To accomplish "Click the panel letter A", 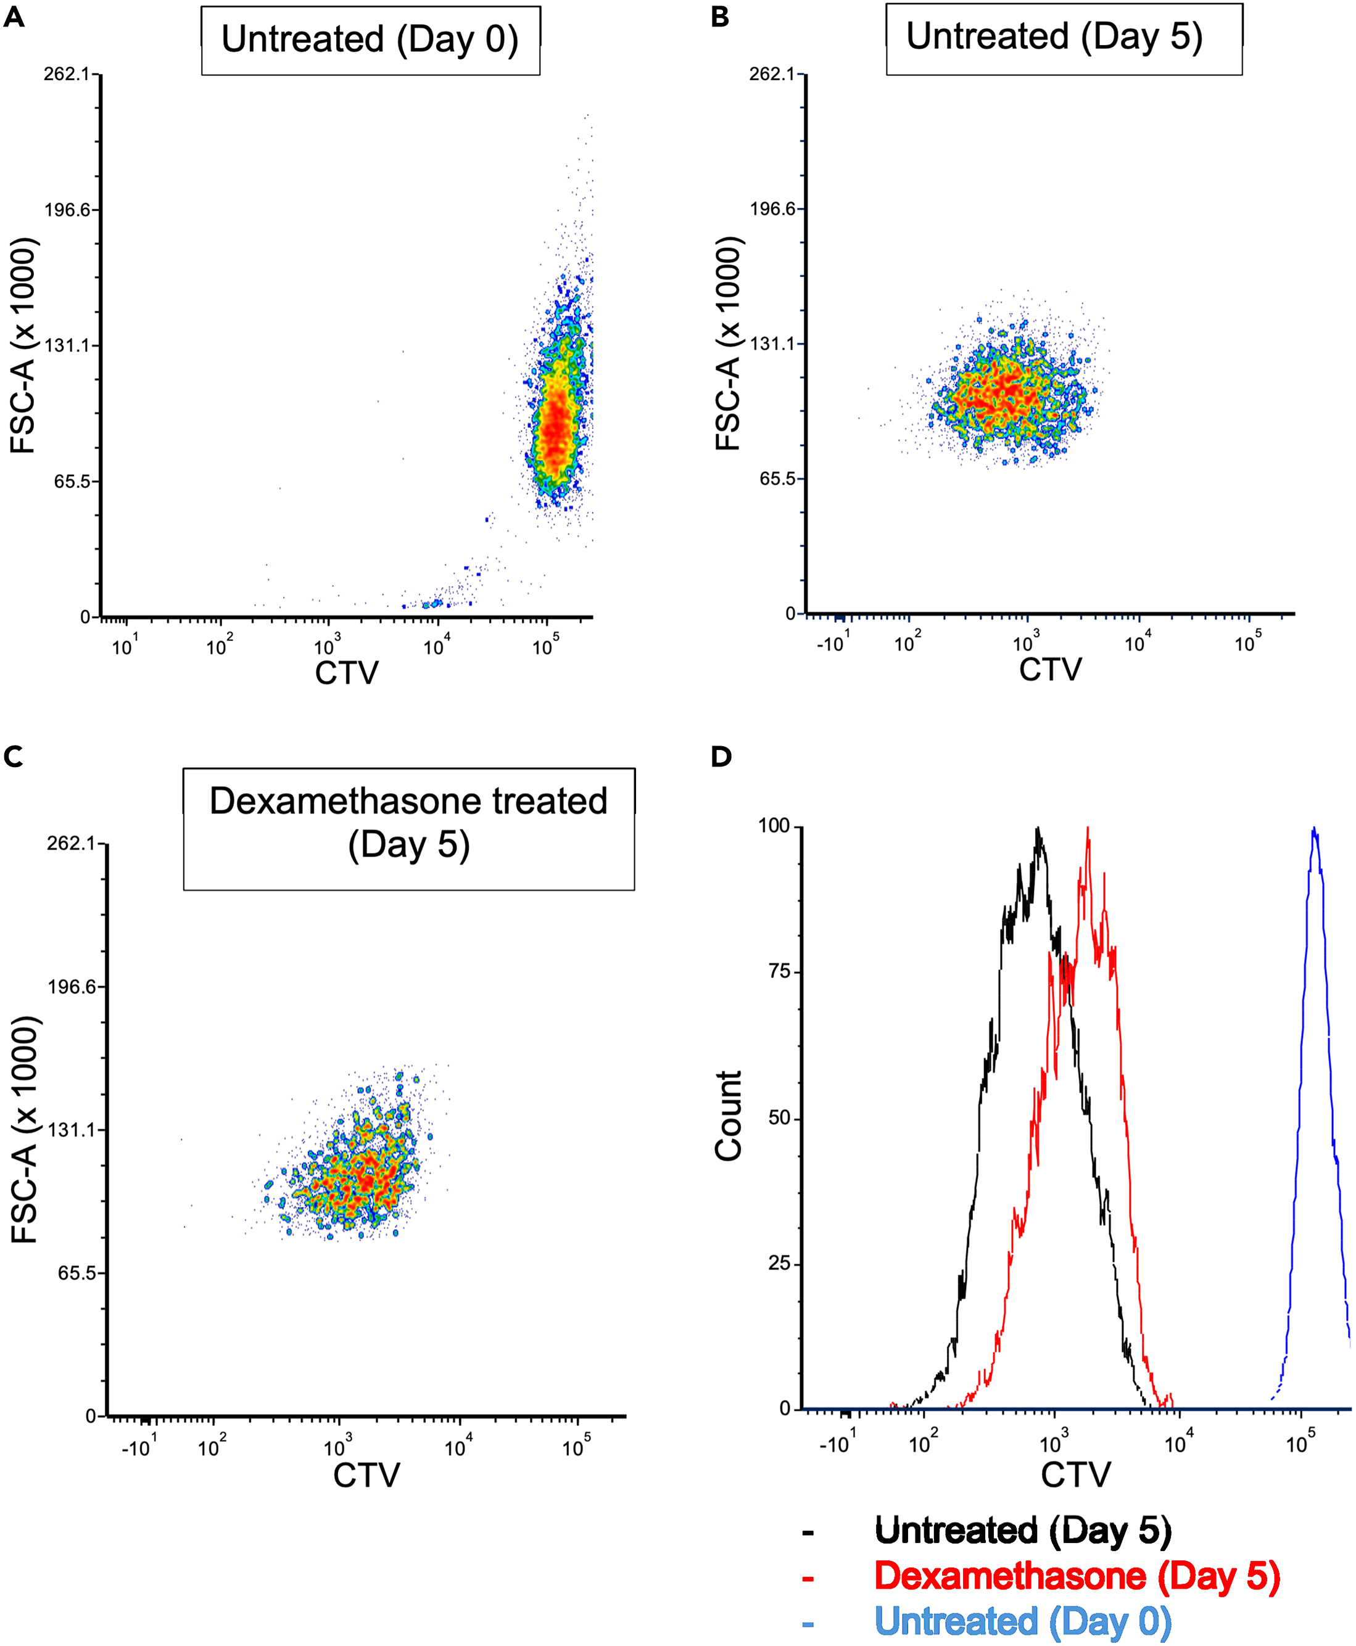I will pyautogui.click(x=14, y=17).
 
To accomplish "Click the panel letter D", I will pyautogui.click(x=721, y=757).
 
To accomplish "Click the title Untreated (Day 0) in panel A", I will pyautogui.click(x=370, y=40).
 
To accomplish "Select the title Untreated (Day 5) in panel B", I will pyautogui.click(x=1054, y=37).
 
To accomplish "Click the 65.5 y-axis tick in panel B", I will pyautogui.click(x=777, y=479).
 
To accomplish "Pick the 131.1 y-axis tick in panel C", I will pyautogui.click(x=71, y=1130).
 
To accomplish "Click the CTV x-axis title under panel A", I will pyautogui.click(x=346, y=673).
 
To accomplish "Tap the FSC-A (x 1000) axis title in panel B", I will pyautogui.click(x=728, y=344).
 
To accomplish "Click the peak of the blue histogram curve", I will pyautogui.click(x=1315, y=829).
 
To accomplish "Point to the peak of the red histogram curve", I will pyautogui.click(x=1087, y=829).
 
